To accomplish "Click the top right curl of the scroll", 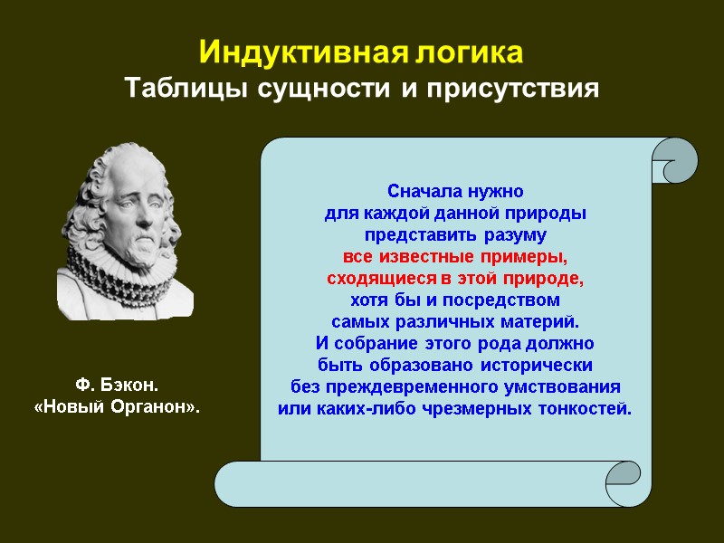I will point(673,160).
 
